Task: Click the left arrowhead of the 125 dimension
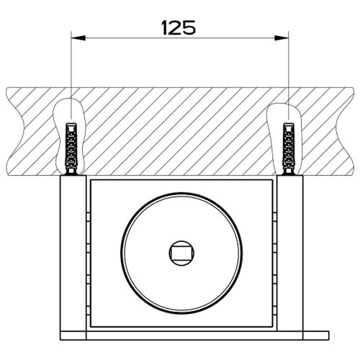pos(77,37)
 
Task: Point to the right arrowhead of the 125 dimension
pos(283,37)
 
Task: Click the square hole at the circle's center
pos(179,252)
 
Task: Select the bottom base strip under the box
pos(180,334)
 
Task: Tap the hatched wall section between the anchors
pos(180,130)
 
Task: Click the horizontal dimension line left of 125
pos(115,37)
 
